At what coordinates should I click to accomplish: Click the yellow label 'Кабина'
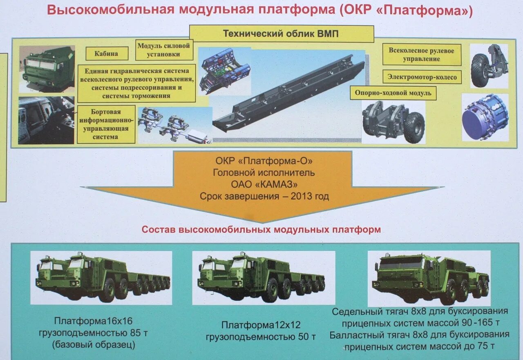point(107,53)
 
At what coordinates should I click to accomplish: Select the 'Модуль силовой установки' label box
point(164,50)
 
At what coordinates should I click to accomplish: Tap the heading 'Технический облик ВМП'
point(281,34)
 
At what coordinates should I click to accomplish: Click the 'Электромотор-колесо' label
point(422,76)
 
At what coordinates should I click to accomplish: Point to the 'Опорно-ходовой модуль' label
point(393,93)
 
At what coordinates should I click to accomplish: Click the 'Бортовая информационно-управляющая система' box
point(106,124)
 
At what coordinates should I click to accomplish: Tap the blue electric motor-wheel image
point(485,118)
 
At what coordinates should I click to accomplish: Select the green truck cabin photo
point(47,69)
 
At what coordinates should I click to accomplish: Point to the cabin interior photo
point(46,120)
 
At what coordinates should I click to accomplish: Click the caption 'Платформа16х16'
point(94,321)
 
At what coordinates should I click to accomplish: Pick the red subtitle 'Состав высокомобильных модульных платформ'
point(261,230)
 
